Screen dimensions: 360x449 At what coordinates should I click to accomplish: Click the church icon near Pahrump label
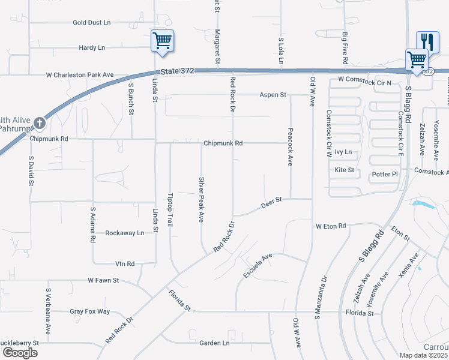pos(40,123)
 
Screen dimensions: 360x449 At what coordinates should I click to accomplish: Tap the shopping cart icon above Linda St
pos(162,41)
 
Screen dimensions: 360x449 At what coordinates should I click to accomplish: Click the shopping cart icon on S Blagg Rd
pos(416,59)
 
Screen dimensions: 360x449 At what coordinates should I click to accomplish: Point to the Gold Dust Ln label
pos(92,23)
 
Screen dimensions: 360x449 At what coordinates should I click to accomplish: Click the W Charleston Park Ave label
pos(80,75)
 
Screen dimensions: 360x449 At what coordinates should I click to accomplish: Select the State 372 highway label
pos(178,71)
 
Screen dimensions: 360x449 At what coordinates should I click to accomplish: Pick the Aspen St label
pos(273,95)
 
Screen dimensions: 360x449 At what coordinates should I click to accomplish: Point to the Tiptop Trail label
pos(170,205)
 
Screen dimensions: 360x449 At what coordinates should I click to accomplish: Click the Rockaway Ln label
pos(125,233)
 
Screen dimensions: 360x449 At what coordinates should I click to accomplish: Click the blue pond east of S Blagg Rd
pos(424,205)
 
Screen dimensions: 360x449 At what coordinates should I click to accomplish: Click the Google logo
pos(20,353)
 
